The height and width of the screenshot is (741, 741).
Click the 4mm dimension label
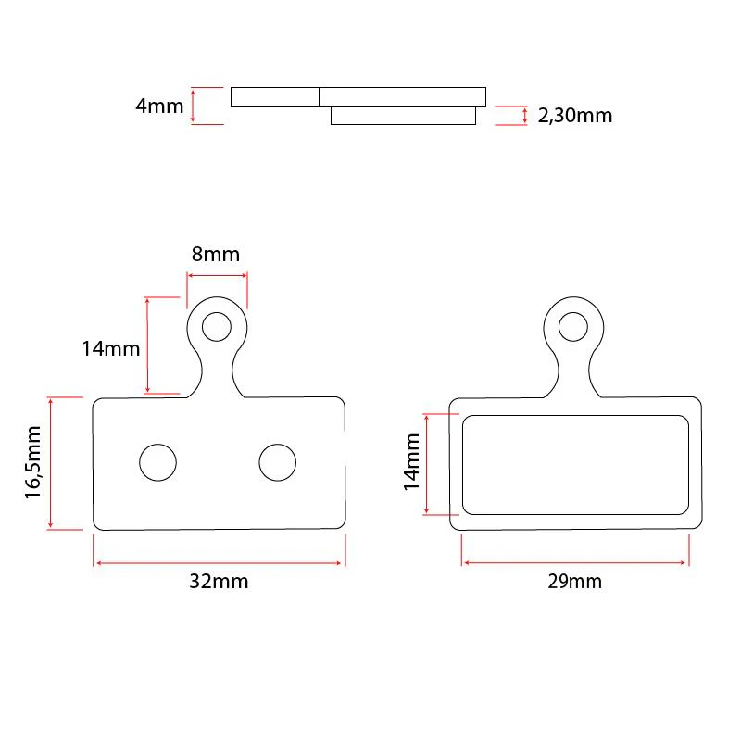point(159,106)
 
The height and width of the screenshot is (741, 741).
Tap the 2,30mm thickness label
point(574,116)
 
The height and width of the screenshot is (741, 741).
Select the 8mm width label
point(216,254)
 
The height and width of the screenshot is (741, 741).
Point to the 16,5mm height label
point(33,461)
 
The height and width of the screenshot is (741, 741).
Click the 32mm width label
point(219,582)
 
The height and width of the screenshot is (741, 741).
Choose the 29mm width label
point(574,582)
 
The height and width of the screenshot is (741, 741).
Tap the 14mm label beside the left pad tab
point(111,349)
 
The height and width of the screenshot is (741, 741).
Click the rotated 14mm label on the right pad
point(411,461)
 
